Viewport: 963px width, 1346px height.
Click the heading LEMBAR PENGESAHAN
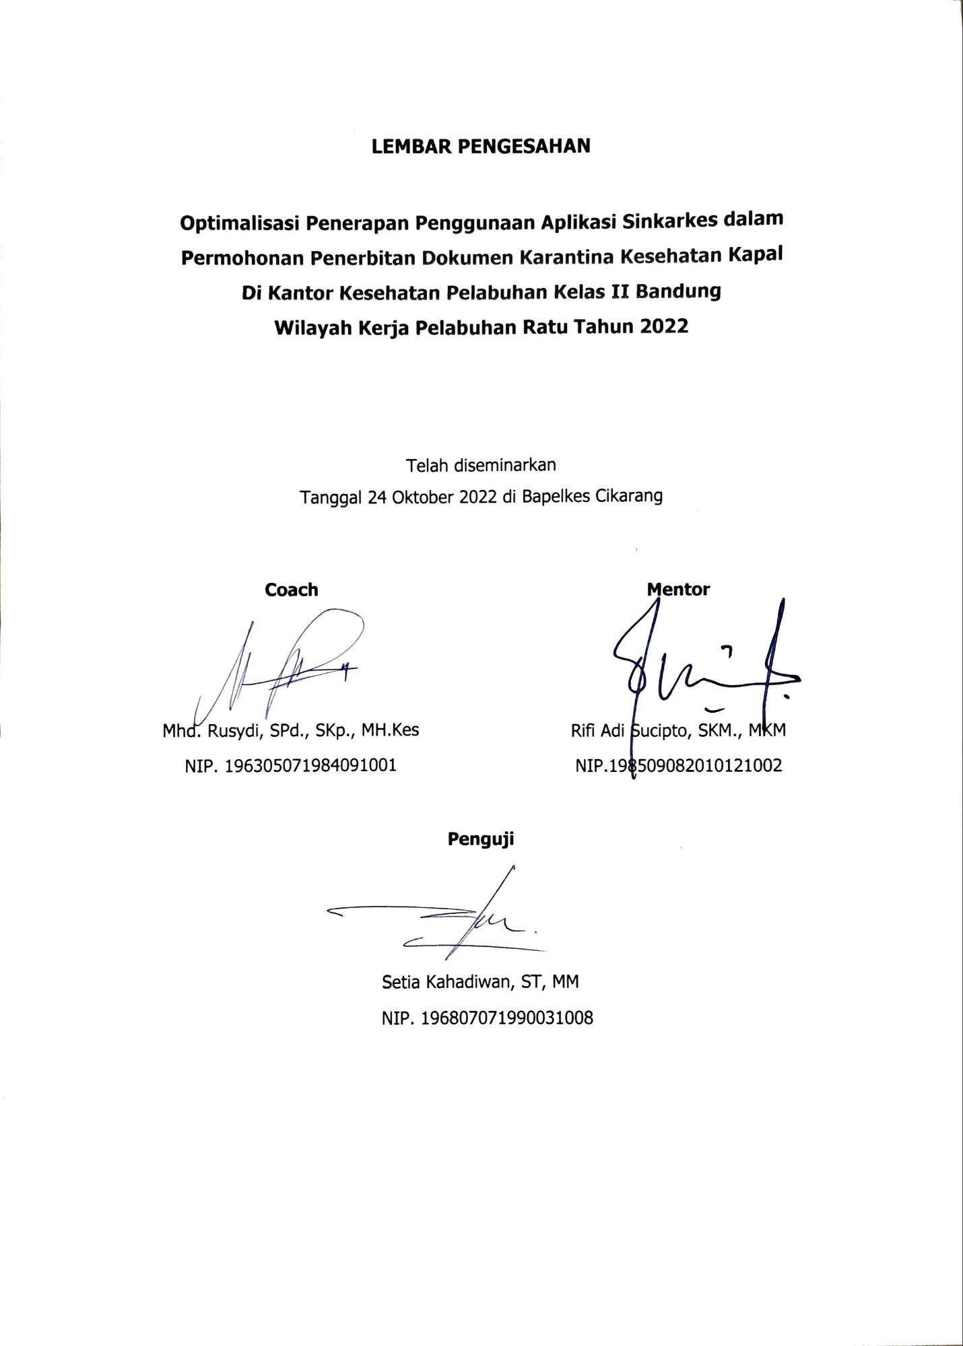tap(481, 146)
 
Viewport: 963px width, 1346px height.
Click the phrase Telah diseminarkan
tap(481, 464)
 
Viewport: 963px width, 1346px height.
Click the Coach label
tap(291, 590)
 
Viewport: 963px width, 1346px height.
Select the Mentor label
tap(678, 590)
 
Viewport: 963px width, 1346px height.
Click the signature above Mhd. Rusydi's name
tap(283, 666)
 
